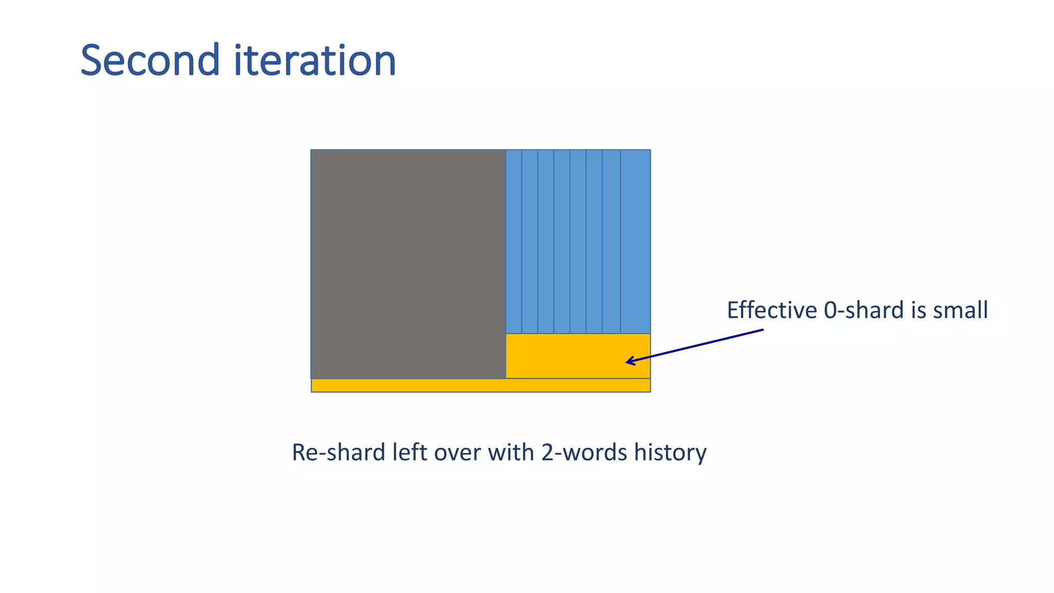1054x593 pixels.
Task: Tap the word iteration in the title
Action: tap(315, 60)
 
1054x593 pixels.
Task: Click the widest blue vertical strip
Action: tap(635, 241)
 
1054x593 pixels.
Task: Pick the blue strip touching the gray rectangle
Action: tap(514, 241)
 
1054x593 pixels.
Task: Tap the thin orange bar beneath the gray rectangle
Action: tap(481, 385)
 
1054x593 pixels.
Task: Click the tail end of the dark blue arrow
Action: tap(762, 330)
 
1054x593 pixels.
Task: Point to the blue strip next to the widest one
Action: tap(611, 241)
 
